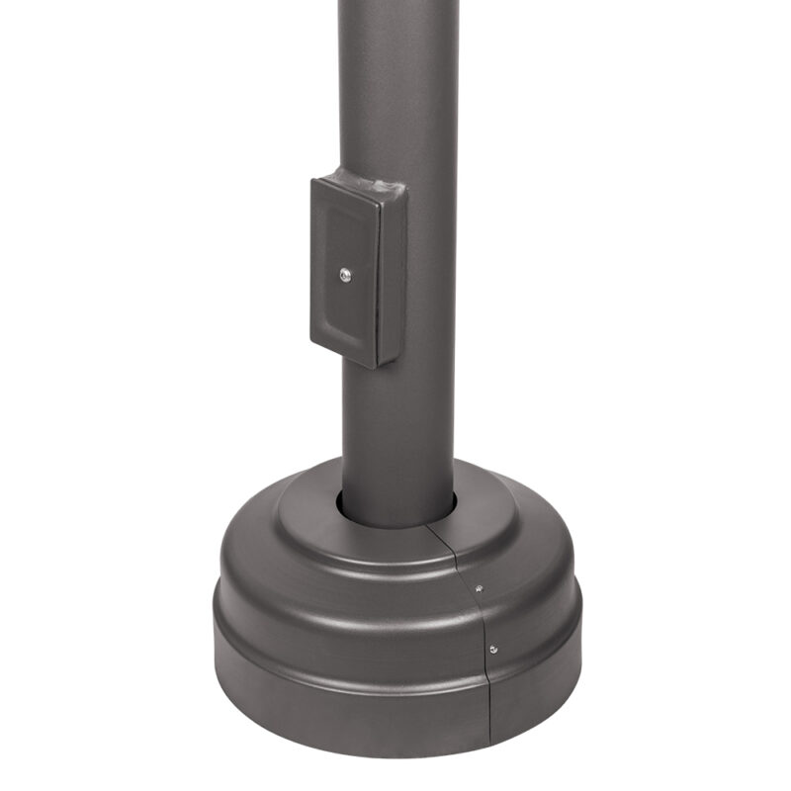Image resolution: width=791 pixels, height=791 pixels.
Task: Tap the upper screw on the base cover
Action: point(480,589)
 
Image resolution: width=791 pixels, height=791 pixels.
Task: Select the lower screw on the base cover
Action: point(492,650)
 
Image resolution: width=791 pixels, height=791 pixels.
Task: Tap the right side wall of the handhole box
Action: point(392,277)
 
